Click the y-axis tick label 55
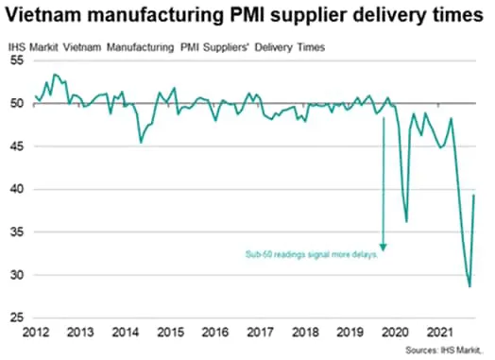17,60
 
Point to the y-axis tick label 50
17,103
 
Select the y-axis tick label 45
17,146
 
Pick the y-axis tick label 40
17,189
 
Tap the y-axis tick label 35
17,232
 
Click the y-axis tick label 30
17,275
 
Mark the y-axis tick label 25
17,318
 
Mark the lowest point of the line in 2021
469,286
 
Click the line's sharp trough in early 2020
407,221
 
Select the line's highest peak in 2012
55,74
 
